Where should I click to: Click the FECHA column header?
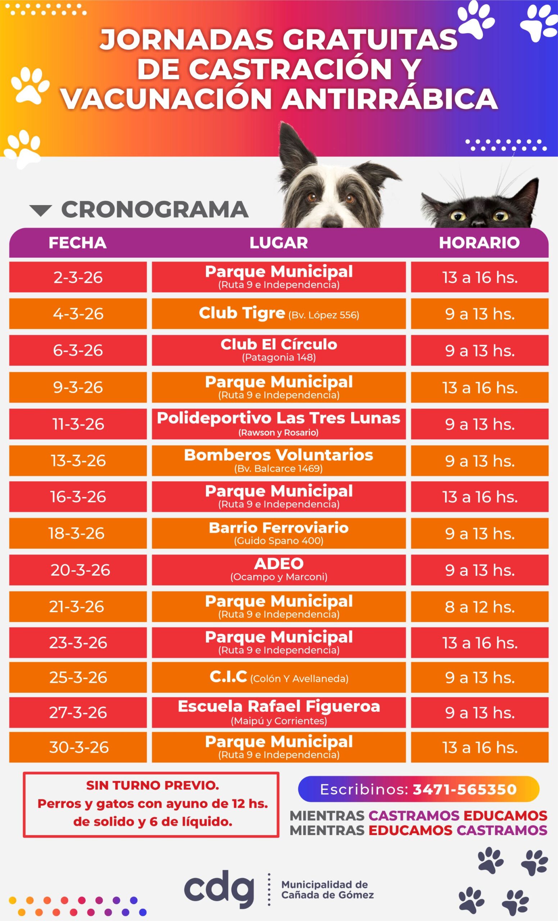click(77, 242)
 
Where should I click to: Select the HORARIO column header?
click(479, 242)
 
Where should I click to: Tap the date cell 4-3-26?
click(78, 314)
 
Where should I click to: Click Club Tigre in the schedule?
click(242, 313)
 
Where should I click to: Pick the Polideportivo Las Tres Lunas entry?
click(278, 418)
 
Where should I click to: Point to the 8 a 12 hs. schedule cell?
click(480, 607)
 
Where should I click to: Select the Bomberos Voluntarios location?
click(278, 455)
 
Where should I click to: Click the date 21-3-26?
click(76, 607)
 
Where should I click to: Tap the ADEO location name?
click(278, 563)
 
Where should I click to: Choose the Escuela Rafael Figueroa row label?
click(278, 707)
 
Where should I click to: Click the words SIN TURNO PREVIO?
click(153, 785)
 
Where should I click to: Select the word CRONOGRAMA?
click(155, 209)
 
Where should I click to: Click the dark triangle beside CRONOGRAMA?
click(40, 210)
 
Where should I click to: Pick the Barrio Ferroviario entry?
click(278, 528)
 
